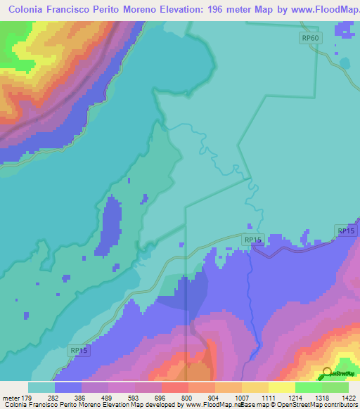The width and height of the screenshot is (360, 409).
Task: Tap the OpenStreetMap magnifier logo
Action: pyautogui.click(x=327, y=372)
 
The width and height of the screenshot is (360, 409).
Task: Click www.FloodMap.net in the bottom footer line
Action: pyautogui.click(x=210, y=405)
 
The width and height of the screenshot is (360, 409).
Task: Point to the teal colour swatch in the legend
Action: pyautogui.click(x=41, y=387)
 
